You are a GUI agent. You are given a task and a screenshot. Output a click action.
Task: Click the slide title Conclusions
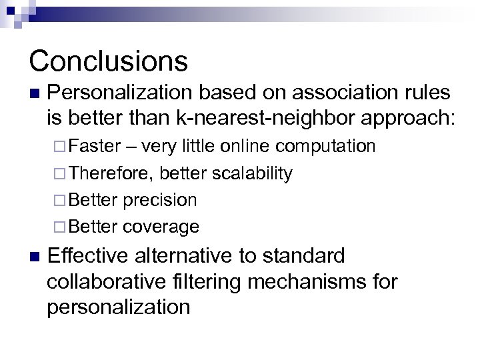[108, 61]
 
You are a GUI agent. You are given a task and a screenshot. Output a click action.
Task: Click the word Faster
[94, 146]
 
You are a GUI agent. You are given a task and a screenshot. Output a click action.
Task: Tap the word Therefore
[110, 173]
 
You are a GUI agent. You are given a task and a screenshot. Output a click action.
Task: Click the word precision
[160, 200]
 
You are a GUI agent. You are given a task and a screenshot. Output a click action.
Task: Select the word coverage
[161, 227]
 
